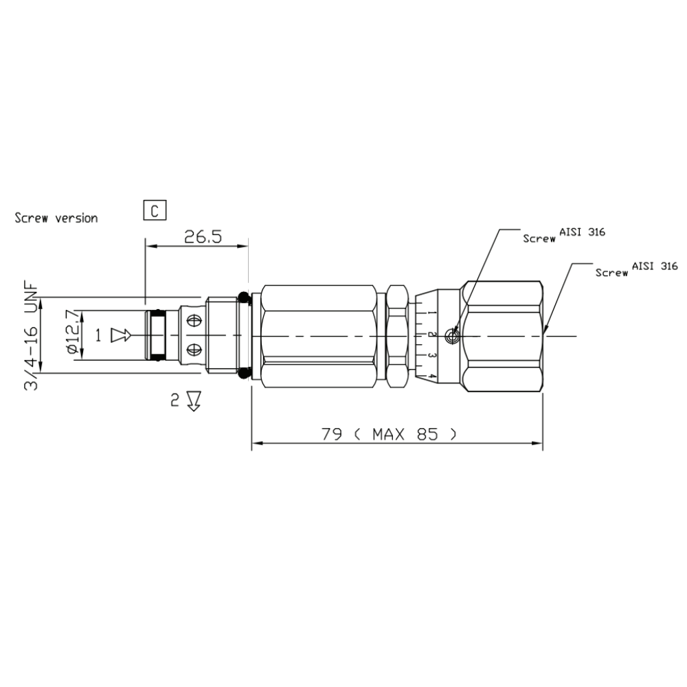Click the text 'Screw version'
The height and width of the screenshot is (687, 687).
tap(56, 218)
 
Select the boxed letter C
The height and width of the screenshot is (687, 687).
tap(155, 210)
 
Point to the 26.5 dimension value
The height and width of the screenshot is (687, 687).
tap(203, 237)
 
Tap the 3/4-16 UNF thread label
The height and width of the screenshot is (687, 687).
tap(32, 337)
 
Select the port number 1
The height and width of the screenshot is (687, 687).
tap(98, 335)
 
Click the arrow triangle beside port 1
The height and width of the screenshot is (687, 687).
tap(121, 335)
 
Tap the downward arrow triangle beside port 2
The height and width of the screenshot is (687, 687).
tap(193, 401)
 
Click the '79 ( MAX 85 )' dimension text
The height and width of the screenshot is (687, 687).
tap(389, 434)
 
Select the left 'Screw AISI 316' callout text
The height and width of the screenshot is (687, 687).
tap(563, 236)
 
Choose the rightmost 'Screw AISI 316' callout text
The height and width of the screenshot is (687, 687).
tap(636, 269)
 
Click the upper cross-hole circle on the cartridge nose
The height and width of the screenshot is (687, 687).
tap(194, 321)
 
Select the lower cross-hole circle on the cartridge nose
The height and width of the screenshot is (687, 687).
tap(194, 348)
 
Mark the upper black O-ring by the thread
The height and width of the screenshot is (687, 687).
tap(243, 297)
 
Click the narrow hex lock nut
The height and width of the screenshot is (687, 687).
tap(397, 335)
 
